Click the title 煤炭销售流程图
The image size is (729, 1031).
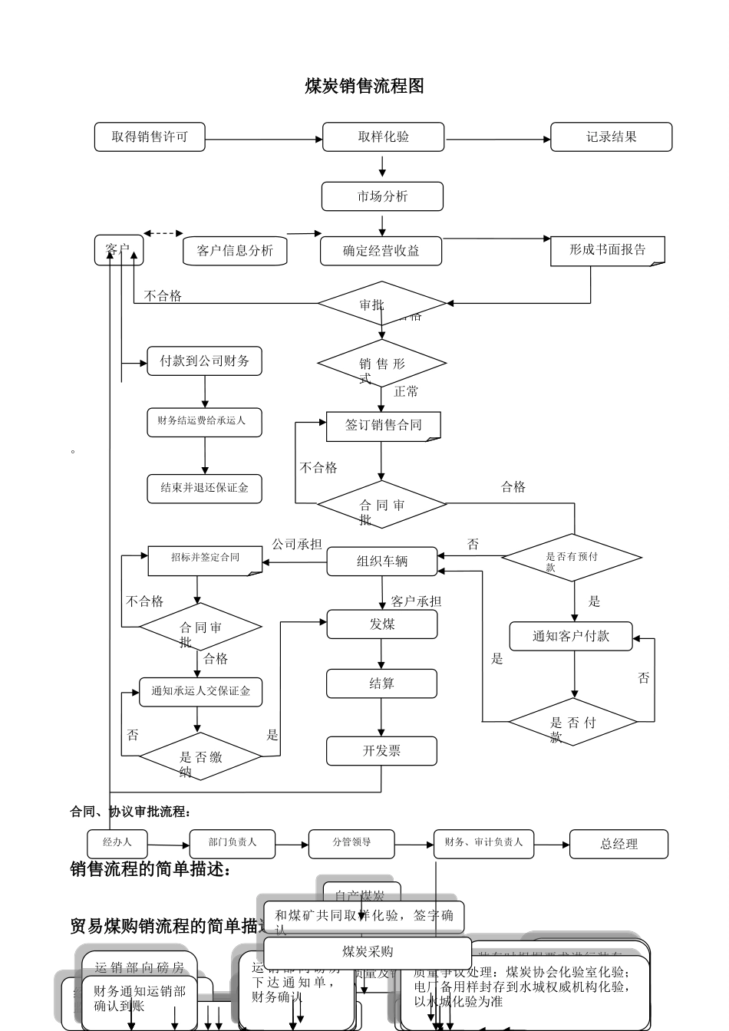click(364, 86)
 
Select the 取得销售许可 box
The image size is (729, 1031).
click(150, 137)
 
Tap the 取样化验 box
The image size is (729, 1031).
click(383, 137)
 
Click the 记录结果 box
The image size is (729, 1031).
click(611, 137)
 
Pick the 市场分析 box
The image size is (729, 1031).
click(382, 196)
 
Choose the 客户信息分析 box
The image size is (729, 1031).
click(235, 251)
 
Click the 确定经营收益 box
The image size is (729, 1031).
click(381, 251)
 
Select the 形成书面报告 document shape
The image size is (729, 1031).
click(607, 250)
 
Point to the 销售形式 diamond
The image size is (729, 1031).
click(382, 364)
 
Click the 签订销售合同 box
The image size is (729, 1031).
click(383, 426)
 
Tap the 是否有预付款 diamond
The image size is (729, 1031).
click(572, 557)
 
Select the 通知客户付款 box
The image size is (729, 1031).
click(571, 636)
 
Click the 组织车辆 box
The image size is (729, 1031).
click(382, 562)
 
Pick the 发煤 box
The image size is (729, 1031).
click(382, 624)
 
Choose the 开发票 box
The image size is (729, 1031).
click(381, 751)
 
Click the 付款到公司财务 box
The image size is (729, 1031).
click(204, 361)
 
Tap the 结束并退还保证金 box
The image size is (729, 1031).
click(204, 488)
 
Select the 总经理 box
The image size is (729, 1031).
click(618, 844)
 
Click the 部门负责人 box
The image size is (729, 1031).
click(233, 843)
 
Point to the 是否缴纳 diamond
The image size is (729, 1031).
click(200, 757)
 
